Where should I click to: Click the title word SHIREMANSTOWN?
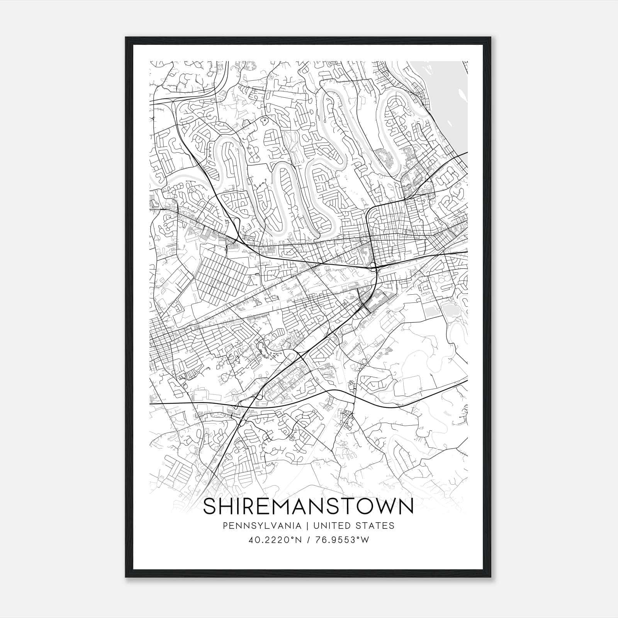[x=308, y=507]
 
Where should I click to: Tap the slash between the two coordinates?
[x=308, y=540]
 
